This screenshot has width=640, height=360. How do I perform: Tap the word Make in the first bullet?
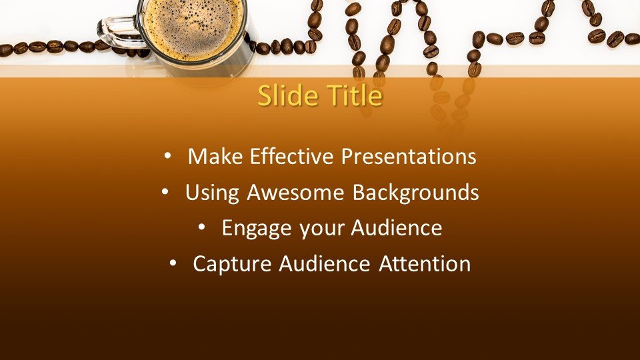coord(215,156)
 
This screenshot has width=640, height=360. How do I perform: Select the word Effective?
coord(292,156)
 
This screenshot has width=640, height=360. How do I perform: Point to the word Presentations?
coord(409,156)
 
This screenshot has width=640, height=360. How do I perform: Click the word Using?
coord(212,193)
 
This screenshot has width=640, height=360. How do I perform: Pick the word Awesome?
coord(295,192)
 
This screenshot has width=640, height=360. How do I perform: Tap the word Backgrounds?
coord(415,192)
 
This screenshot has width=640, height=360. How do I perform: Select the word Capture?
coord(232,265)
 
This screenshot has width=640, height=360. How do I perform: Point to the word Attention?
coord(425,264)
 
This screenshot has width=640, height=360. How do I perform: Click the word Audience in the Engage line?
coord(396,228)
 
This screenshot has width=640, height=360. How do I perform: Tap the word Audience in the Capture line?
coord(325,264)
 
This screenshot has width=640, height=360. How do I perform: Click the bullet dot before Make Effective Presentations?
coord(167,155)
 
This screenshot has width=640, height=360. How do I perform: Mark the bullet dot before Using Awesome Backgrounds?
coord(165,191)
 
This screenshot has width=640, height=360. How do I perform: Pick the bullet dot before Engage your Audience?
coord(201,227)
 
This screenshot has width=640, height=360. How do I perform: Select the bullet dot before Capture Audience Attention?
coord(173,263)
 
